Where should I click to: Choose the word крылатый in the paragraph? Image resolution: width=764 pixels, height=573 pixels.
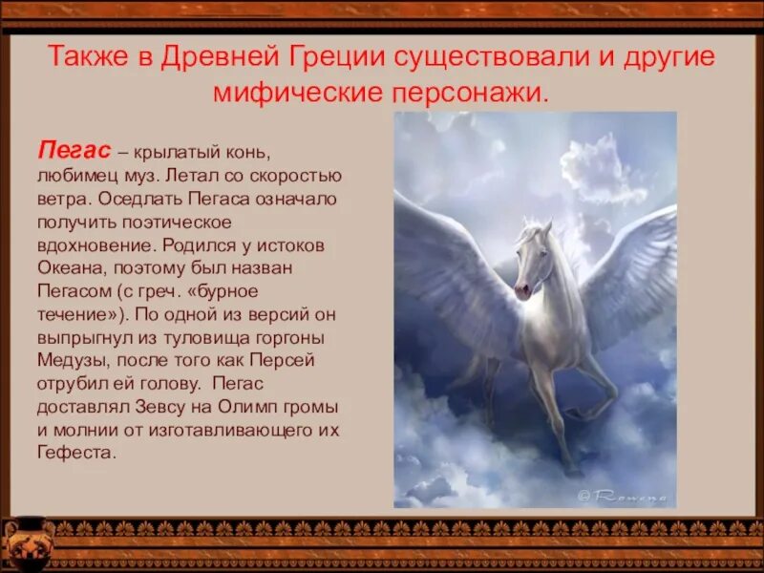pos(176,153)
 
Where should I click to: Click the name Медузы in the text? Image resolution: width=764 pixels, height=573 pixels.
pos(74,359)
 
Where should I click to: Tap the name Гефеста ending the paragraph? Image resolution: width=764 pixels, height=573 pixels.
pos(76,452)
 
